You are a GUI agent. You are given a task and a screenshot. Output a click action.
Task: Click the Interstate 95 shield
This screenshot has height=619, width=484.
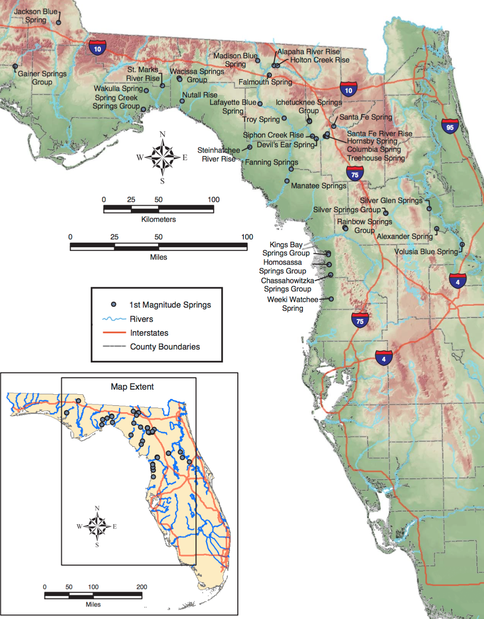(450, 126)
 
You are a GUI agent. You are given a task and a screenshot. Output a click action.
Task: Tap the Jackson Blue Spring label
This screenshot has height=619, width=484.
(35, 16)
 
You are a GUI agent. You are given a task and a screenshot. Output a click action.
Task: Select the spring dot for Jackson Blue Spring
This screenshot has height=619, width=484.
(59, 22)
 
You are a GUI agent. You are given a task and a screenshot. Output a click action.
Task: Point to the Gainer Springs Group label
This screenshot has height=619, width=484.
(42, 78)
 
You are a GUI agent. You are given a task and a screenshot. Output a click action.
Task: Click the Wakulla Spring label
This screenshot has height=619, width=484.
(118, 88)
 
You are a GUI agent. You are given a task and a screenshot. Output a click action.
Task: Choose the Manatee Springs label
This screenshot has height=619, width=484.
(318, 186)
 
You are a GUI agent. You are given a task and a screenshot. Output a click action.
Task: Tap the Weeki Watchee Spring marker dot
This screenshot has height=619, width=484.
(331, 299)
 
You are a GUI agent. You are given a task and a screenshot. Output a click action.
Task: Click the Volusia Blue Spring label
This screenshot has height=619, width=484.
(426, 251)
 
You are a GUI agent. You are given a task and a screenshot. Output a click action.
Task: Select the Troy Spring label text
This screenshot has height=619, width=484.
(261, 119)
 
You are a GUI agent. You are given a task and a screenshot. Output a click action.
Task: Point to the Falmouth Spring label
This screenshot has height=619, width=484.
(265, 82)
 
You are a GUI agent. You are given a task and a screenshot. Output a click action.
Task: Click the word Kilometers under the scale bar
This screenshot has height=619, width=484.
(159, 219)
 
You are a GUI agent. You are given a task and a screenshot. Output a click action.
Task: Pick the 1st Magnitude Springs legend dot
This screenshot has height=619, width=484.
(113, 304)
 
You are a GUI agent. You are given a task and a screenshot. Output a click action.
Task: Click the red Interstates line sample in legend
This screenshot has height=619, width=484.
(114, 333)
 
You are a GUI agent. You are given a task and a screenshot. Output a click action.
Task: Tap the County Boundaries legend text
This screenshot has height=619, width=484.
(165, 347)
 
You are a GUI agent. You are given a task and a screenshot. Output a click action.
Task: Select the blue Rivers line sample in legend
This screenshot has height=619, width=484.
(114, 319)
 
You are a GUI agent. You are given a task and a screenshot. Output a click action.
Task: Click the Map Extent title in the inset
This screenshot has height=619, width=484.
(132, 387)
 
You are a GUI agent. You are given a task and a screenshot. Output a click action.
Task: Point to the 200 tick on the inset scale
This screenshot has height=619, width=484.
(142, 587)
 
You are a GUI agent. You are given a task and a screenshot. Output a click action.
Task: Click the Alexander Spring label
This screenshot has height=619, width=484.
(404, 236)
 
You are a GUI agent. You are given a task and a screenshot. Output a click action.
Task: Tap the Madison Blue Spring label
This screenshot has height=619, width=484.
(235, 60)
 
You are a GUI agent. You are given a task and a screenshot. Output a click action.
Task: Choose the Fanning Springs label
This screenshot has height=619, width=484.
(271, 162)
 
